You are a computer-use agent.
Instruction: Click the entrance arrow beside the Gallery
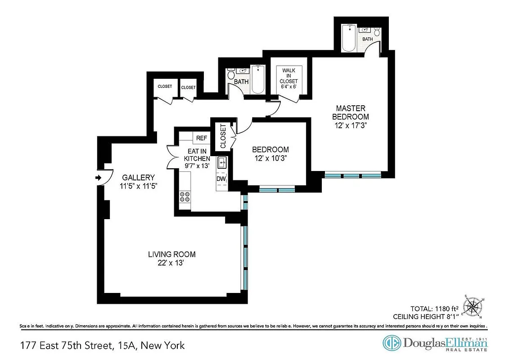pyautogui.click(x=98, y=178)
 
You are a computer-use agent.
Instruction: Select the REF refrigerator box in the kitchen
pyautogui.click(x=198, y=138)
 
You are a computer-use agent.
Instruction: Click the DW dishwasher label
pyautogui.click(x=221, y=179)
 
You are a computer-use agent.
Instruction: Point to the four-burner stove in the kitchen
pyautogui.click(x=185, y=197)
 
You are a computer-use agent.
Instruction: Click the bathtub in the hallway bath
pyautogui.click(x=258, y=80)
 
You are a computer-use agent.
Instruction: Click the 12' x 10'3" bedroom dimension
pyautogui.click(x=270, y=158)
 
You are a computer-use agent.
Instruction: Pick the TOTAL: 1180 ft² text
pyautogui.click(x=433, y=309)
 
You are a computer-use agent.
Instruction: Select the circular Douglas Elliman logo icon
pyautogui.click(x=391, y=343)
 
